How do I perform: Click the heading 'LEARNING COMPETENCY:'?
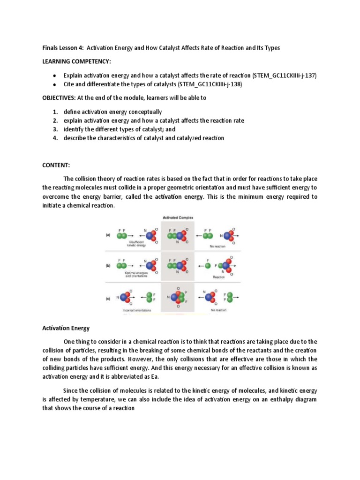(x=73, y=61)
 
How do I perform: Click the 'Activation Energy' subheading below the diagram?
(x=66, y=329)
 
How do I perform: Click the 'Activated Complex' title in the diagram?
(x=180, y=217)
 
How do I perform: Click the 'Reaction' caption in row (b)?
(x=218, y=277)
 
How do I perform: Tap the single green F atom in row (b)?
(x=208, y=266)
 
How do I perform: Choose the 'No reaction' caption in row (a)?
(x=218, y=246)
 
